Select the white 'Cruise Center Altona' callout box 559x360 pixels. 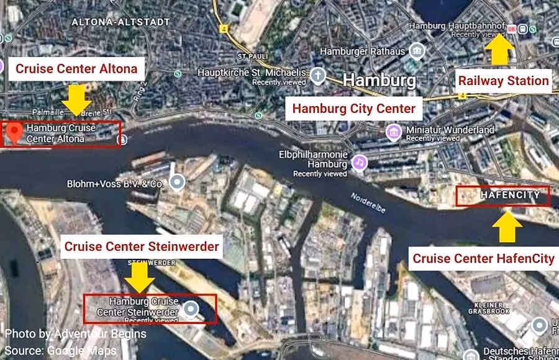click(x=76, y=69)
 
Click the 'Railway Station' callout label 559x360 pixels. click(x=503, y=81)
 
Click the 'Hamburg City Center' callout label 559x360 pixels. click(x=353, y=109)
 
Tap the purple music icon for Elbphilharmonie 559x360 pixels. click(x=359, y=163)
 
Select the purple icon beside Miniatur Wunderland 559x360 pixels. click(x=393, y=132)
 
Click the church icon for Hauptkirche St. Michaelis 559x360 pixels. click(x=318, y=76)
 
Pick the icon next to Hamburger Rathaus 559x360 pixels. click(x=417, y=51)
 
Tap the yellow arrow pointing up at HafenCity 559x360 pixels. click(x=508, y=227)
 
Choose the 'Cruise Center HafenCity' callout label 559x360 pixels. click(x=483, y=258)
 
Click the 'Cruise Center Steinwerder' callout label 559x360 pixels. click(x=142, y=246)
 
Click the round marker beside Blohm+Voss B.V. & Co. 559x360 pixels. click(x=178, y=182)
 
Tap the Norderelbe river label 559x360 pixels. click(x=368, y=203)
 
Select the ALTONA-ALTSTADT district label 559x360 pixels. click(x=120, y=22)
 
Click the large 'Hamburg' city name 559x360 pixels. click(x=379, y=80)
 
